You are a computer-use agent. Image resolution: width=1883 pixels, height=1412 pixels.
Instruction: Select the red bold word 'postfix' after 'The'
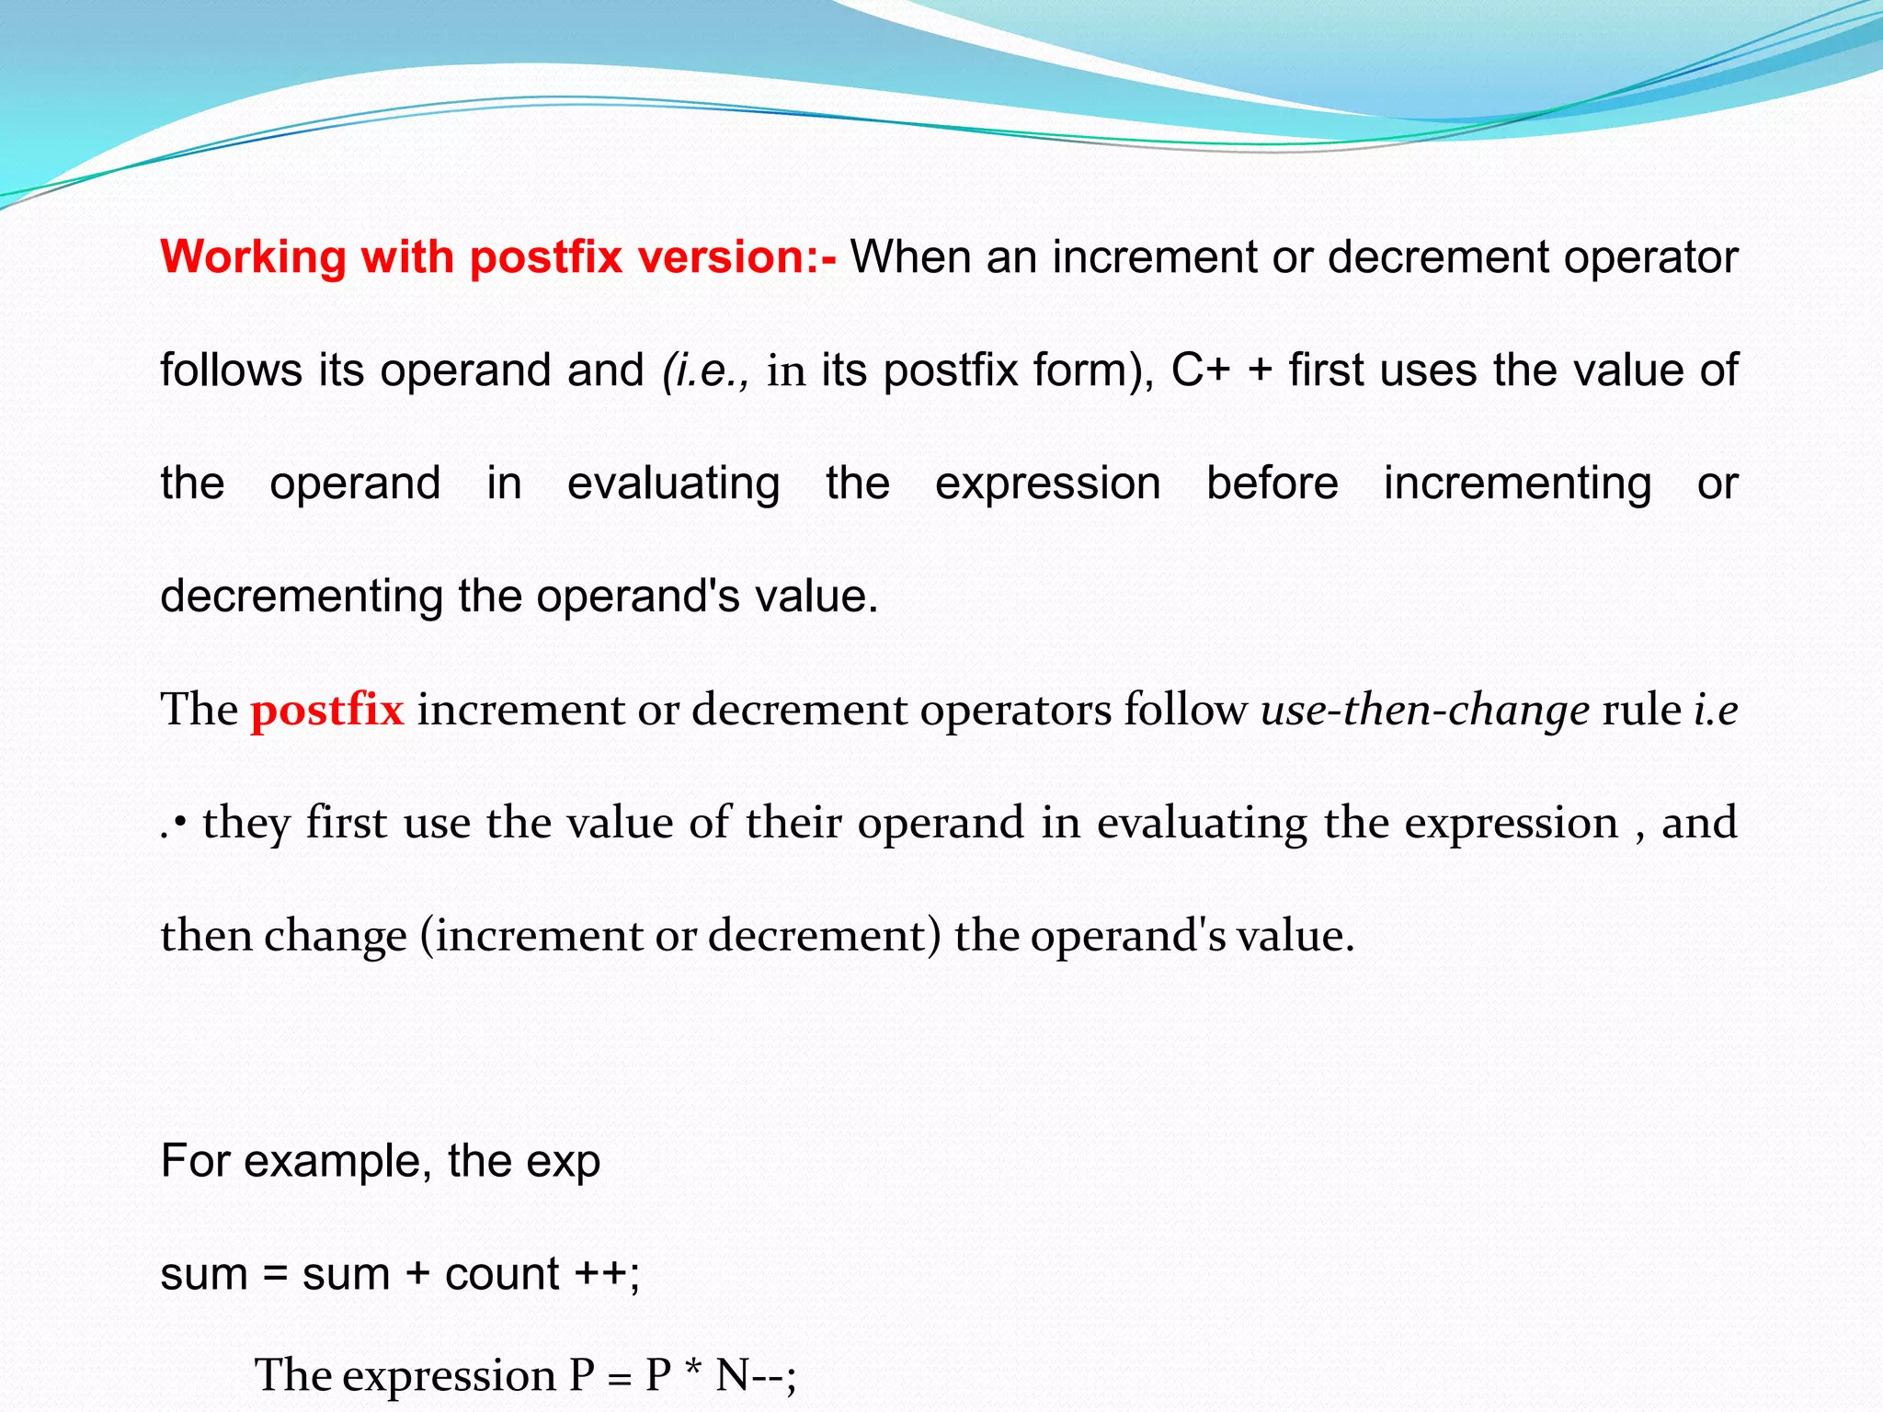(x=326, y=710)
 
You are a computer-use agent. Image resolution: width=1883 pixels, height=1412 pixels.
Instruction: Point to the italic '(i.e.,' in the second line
(x=705, y=370)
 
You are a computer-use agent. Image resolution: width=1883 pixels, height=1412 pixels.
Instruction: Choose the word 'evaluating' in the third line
(x=673, y=484)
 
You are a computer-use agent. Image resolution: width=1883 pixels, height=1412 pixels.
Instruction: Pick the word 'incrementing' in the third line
(x=1517, y=484)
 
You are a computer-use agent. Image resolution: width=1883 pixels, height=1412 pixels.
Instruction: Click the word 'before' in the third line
(x=1272, y=484)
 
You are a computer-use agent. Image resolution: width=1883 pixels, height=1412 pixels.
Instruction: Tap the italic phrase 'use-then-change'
(x=1424, y=710)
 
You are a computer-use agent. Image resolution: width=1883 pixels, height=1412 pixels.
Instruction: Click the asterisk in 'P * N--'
(x=693, y=1373)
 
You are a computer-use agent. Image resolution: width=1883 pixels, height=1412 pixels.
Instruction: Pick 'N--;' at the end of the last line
(x=756, y=1376)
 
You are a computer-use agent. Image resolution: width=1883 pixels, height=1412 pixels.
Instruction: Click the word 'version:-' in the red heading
(x=745, y=257)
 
